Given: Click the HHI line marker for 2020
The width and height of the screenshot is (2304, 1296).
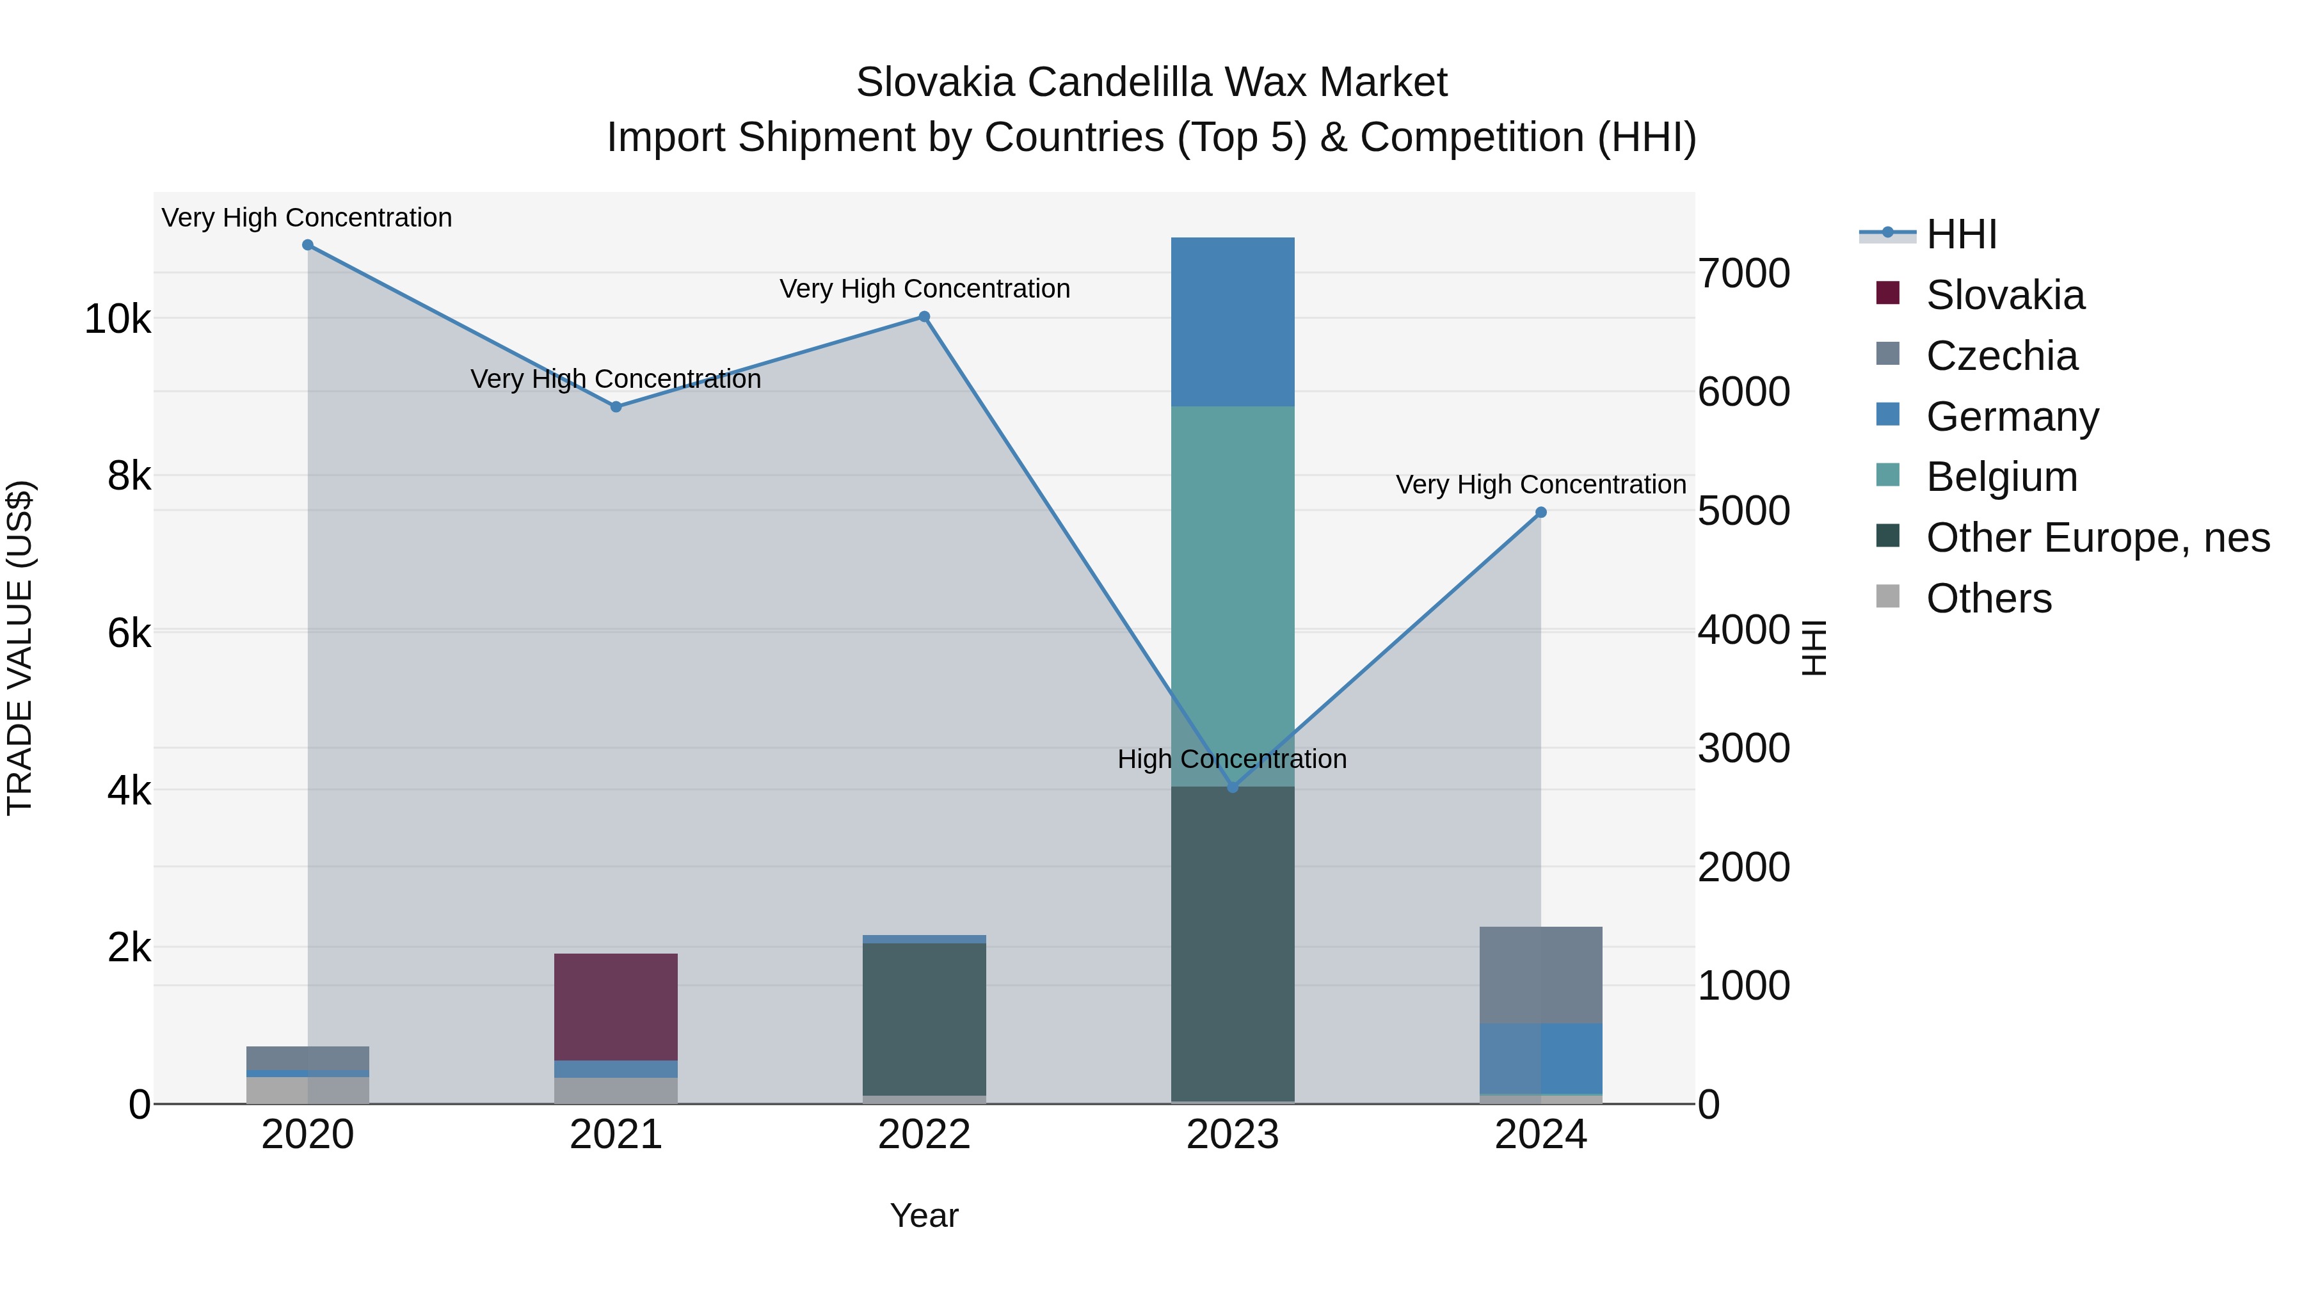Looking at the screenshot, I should [x=308, y=245].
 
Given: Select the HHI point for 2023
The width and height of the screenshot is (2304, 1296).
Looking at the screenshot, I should [x=1233, y=787].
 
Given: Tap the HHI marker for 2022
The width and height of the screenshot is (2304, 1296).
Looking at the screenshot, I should [x=924, y=317].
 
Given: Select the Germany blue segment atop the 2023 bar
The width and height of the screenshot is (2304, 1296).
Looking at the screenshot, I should [x=1233, y=322].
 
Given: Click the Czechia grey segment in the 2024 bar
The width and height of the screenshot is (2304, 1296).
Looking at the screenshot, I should [x=1540, y=975].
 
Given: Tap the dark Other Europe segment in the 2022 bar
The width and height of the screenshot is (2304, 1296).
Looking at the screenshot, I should [x=924, y=1020].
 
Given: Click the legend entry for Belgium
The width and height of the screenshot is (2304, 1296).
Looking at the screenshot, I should [x=2002, y=477].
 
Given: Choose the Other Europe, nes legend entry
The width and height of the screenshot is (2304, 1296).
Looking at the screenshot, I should [x=2097, y=538].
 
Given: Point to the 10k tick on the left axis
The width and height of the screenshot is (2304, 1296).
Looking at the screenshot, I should [x=118, y=319].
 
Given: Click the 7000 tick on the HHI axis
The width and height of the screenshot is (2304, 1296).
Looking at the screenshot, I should [x=1744, y=274].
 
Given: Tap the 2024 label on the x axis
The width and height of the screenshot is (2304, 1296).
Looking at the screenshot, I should [x=1540, y=1135].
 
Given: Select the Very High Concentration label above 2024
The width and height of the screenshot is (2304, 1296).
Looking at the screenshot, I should [x=1540, y=484].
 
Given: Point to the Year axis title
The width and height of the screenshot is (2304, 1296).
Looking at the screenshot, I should [x=924, y=1215].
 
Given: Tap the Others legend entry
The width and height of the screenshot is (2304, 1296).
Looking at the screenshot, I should [x=1988, y=598].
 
